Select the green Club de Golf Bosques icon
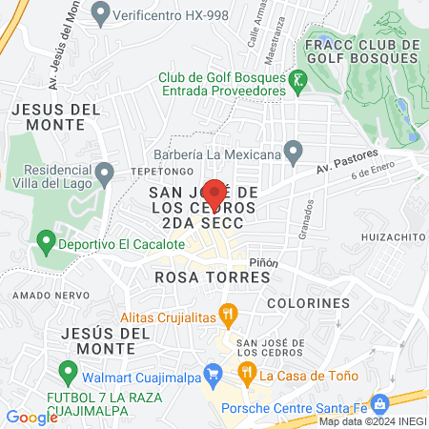tap(298, 78)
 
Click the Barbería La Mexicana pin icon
tap(294, 152)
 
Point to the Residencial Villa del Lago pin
tap(107, 173)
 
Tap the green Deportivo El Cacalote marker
tap(44, 243)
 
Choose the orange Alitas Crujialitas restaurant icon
tap(227, 312)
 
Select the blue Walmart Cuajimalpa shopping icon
tap(215, 373)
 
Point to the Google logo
tap(31, 417)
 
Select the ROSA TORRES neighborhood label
tap(212, 276)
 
